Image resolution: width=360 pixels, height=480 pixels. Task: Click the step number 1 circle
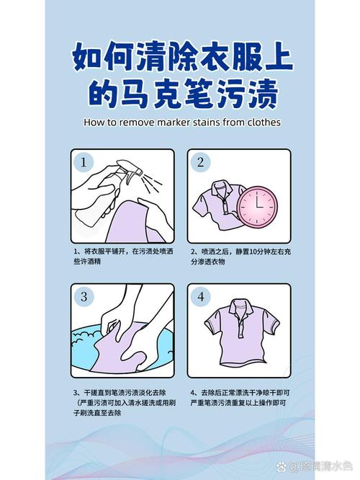tap(84, 162)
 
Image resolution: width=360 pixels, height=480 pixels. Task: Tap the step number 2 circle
tap(200, 162)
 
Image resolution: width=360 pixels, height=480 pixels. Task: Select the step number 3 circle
tap(84, 296)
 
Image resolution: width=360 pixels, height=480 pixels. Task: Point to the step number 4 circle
tap(200, 296)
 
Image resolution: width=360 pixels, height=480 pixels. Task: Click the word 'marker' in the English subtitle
tap(174, 122)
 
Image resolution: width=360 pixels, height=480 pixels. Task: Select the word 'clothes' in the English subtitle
tap(264, 122)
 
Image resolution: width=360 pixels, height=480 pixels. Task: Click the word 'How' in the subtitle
tap(94, 122)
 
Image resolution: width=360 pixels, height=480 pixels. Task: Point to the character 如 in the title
tap(87, 57)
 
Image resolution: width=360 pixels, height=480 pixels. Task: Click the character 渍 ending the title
tap(263, 93)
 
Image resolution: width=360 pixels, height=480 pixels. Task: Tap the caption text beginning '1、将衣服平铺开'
tap(123, 257)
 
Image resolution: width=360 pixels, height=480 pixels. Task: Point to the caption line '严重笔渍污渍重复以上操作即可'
tap(238, 403)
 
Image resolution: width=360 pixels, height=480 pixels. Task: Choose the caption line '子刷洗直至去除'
tap(97, 413)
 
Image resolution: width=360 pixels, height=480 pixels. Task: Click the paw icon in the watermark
tap(282, 466)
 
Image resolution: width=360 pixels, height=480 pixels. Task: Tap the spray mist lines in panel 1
tap(152, 182)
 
